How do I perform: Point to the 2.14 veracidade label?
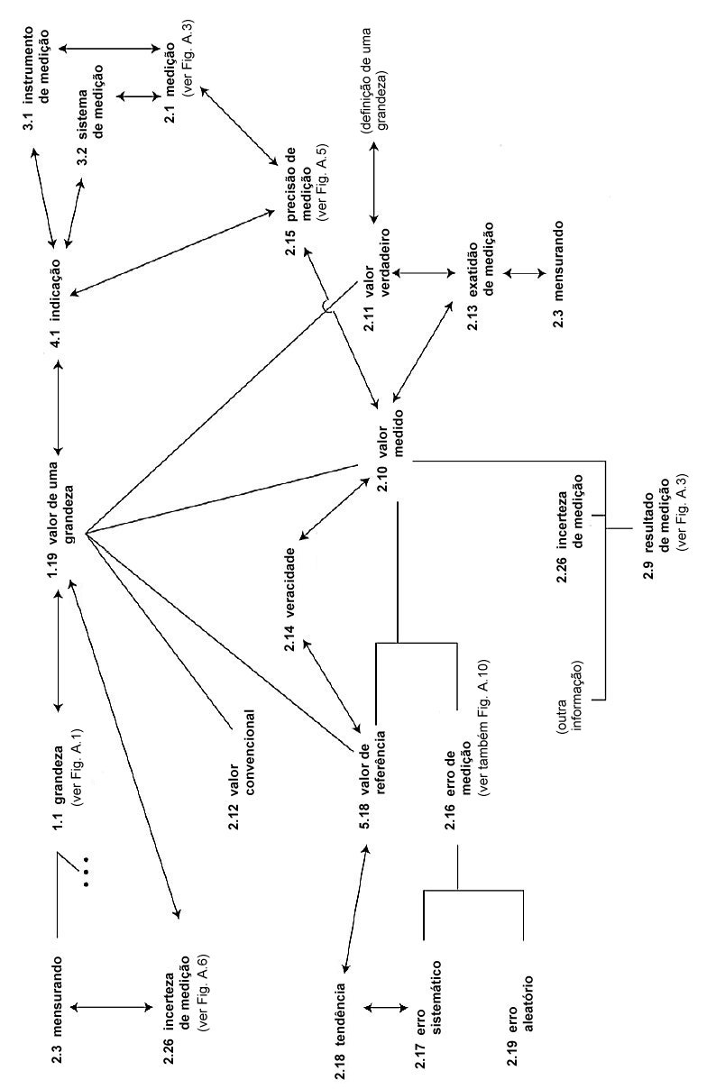pos(289,599)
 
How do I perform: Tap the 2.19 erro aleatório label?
pos(519,1027)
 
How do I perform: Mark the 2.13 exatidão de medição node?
pos(481,276)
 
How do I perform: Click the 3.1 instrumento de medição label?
pos(36,78)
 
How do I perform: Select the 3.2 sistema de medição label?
pos(90,115)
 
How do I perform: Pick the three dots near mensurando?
pos(86,871)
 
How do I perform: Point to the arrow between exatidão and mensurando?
pos(525,273)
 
